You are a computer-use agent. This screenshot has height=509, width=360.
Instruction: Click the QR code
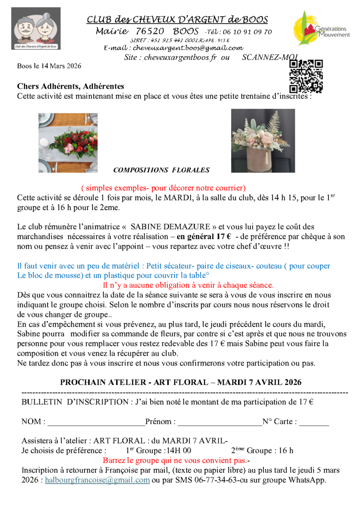(306, 76)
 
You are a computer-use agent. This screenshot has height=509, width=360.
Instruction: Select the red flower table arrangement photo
(68, 142)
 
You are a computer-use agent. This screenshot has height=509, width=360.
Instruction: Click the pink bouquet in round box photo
(263, 141)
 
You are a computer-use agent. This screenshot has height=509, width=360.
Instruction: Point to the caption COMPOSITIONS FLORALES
(161, 170)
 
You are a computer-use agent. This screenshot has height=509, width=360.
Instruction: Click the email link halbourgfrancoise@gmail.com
(97, 480)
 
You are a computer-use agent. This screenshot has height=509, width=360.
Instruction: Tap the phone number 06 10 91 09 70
(244, 32)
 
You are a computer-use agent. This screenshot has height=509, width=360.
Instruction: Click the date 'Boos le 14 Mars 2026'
(49, 66)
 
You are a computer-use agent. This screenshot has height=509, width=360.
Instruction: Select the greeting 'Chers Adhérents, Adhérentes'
(70, 86)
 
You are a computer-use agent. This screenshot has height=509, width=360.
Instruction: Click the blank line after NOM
(96, 422)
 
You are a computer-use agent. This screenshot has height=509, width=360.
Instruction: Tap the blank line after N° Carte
(314, 422)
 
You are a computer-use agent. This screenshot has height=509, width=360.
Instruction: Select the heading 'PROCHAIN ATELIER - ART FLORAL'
(180, 382)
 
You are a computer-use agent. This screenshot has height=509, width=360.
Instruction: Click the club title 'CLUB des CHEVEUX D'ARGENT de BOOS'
(177, 19)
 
